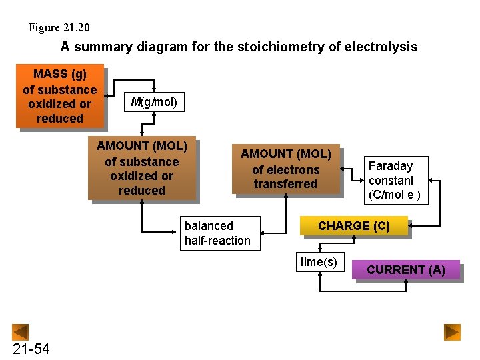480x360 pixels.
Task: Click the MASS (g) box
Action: click(60, 96)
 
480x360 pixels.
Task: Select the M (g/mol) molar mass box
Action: click(155, 102)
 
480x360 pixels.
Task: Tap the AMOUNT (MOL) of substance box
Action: click(142, 168)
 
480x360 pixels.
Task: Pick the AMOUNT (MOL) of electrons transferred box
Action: click(285, 169)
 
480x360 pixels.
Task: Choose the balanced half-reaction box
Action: click(218, 233)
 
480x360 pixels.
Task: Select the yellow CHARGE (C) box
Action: click(353, 226)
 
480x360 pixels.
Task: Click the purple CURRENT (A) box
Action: click(406, 270)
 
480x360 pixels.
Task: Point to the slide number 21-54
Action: click(31, 349)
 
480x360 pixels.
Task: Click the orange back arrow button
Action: click(21, 331)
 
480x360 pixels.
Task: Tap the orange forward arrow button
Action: click(453, 331)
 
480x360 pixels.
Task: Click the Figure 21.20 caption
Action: click(59, 27)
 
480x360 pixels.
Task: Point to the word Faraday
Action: click(391, 165)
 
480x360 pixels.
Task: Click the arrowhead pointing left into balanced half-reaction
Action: click(264, 233)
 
